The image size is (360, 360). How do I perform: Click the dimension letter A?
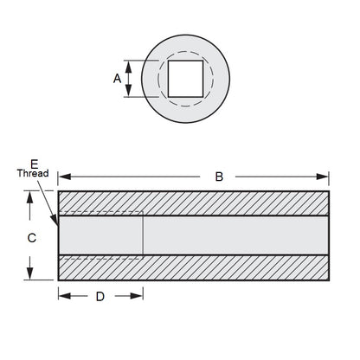117,78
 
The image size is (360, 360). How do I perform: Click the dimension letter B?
219,177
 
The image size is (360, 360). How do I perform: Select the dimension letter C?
31,235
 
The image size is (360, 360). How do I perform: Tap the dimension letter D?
100,296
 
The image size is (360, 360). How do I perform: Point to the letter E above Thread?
34,163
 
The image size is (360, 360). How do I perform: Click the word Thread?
32,173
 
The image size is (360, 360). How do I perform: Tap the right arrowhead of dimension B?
325,177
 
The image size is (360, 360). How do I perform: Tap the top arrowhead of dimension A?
128,63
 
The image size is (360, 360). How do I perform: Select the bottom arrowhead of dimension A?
128,93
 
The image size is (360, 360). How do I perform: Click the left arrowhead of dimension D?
62,296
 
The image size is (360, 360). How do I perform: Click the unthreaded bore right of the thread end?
234,235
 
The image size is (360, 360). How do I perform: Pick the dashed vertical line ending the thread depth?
143,235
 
